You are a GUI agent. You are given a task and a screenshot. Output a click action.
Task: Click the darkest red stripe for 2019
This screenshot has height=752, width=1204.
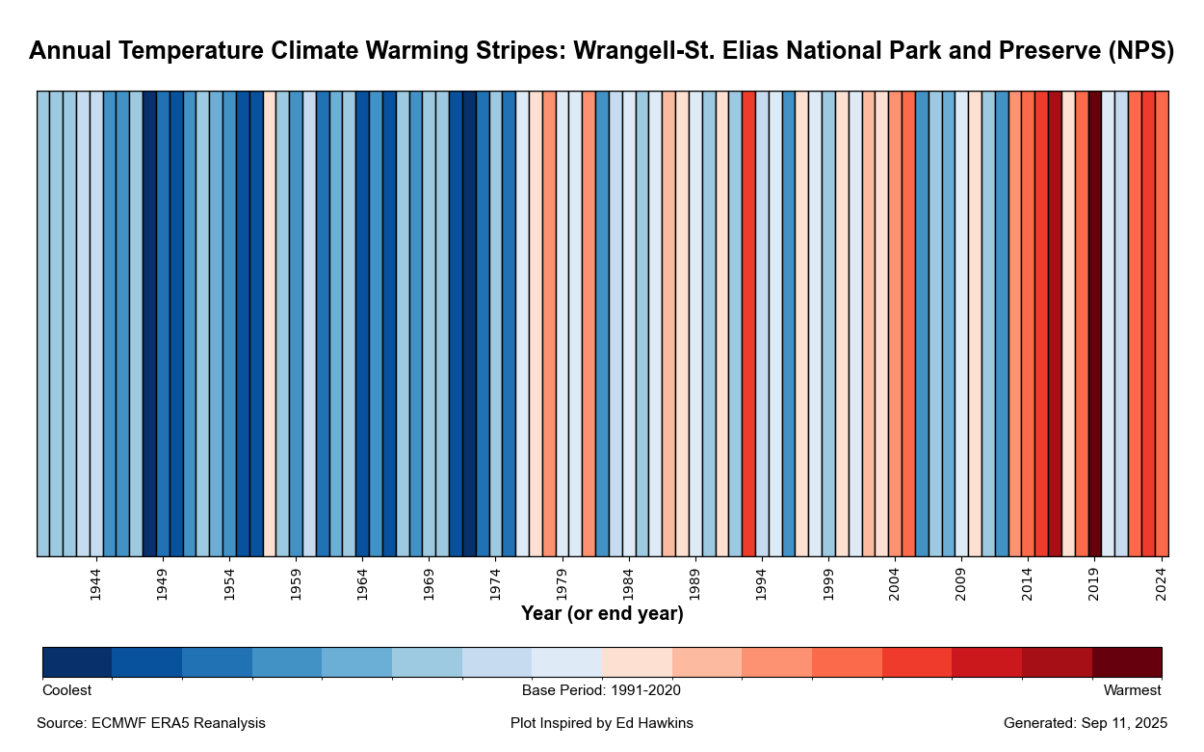click(1095, 323)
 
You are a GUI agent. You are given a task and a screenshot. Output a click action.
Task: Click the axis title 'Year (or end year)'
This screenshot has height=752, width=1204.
click(602, 614)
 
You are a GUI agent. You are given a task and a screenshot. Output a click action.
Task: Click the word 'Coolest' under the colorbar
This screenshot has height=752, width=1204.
click(67, 690)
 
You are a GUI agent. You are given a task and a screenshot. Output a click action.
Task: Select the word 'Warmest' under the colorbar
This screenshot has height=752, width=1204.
click(1132, 690)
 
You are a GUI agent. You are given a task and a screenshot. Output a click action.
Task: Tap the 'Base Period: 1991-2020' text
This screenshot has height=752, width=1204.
click(602, 690)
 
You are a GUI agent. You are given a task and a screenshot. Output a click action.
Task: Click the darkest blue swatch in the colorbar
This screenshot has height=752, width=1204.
click(77, 662)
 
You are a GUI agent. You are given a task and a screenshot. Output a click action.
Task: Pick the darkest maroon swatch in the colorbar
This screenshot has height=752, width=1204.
click(1127, 662)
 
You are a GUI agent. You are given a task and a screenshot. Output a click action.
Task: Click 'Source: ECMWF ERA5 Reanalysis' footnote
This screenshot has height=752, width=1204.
click(151, 723)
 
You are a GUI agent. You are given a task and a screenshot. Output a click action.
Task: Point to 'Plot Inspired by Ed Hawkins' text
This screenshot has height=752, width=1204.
click(602, 723)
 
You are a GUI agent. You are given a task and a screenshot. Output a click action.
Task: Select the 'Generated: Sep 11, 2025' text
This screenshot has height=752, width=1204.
click(1086, 723)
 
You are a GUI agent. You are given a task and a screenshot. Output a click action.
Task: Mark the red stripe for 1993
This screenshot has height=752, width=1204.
click(748, 323)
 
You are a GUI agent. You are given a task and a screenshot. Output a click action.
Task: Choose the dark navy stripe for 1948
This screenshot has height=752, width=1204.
click(149, 323)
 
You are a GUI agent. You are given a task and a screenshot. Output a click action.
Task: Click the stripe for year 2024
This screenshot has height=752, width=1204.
click(1162, 323)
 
